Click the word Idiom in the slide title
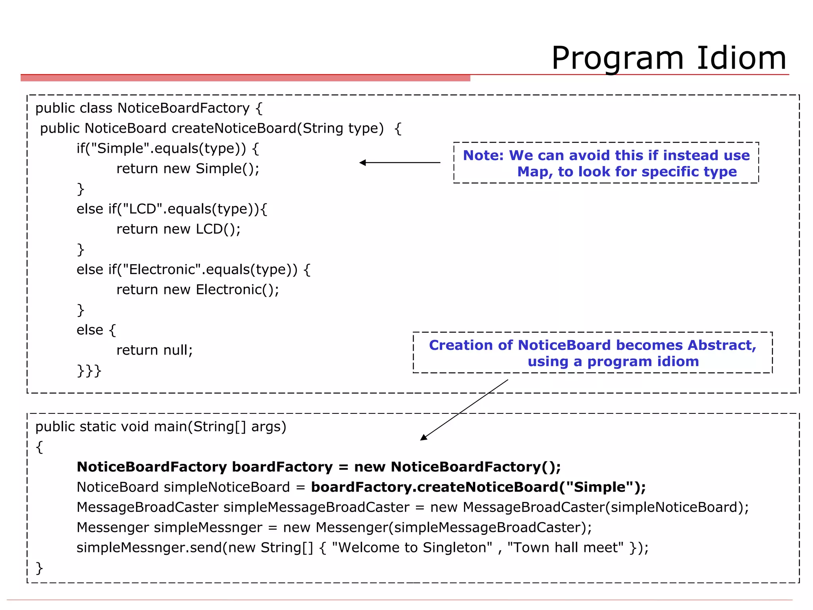point(741,58)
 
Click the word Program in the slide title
point(618,59)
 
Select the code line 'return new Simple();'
point(188,169)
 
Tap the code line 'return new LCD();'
point(178,229)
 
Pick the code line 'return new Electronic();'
point(198,290)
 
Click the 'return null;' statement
point(154,350)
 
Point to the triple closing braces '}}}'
point(89,371)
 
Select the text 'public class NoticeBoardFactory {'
point(149,108)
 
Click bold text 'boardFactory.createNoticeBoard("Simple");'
point(478,487)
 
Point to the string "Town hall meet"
point(565,548)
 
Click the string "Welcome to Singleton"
point(412,548)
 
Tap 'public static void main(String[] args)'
point(161,427)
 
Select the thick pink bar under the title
point(245,78)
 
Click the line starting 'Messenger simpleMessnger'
point(333,527)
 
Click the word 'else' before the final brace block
point(90,330)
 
